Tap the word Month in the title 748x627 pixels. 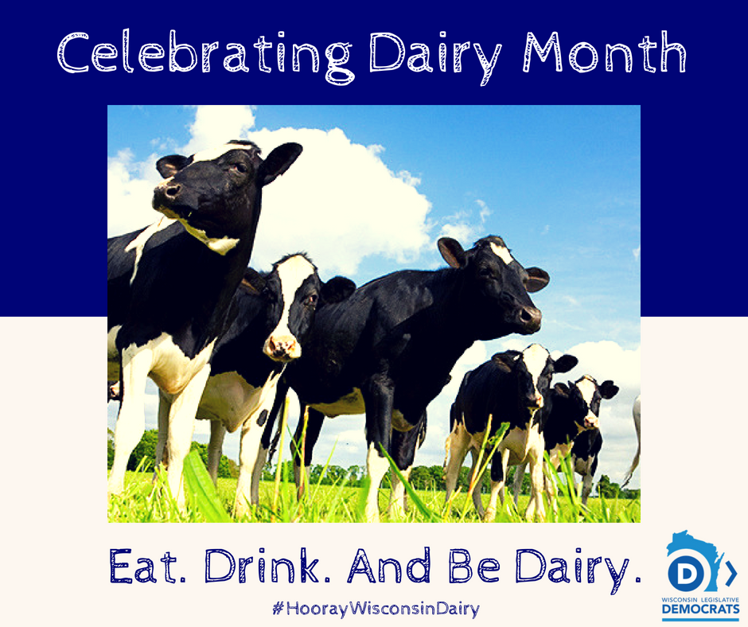point(605,52)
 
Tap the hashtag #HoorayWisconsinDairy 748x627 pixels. point(376,609)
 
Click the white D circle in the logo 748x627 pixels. point(687,573)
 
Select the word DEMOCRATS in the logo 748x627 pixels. point(701,609)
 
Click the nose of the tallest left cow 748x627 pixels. point(167,192)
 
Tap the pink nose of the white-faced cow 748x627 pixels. point(282,348)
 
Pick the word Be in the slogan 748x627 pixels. point(474,566)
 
